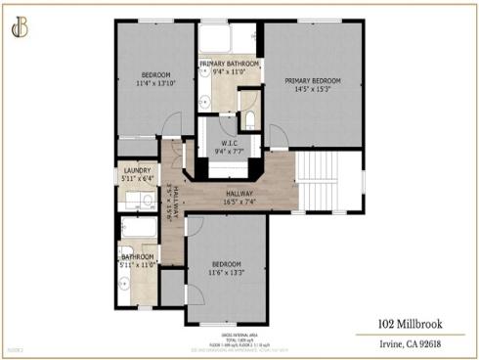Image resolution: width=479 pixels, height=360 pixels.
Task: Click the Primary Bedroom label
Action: (x=313, y=80)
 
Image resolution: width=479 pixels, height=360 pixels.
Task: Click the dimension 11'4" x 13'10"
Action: (x=156, y=85)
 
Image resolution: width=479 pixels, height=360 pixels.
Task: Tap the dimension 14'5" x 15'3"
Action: (x=313, y=90)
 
